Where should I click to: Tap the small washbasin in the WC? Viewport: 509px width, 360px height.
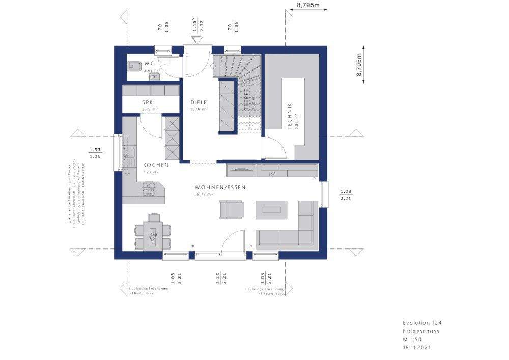click(154, 77)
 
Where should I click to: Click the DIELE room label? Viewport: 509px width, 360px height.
click(200, 102)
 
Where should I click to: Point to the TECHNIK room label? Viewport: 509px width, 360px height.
click(290, 116)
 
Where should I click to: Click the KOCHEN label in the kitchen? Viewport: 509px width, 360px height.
click(153, 165)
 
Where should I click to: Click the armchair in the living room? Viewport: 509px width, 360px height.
click(232, 209)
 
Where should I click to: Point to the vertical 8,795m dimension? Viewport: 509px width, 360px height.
click(359, 65)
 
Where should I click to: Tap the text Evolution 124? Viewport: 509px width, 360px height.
click(418, 323)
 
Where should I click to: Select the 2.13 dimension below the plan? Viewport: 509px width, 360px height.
click(217, 278)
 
